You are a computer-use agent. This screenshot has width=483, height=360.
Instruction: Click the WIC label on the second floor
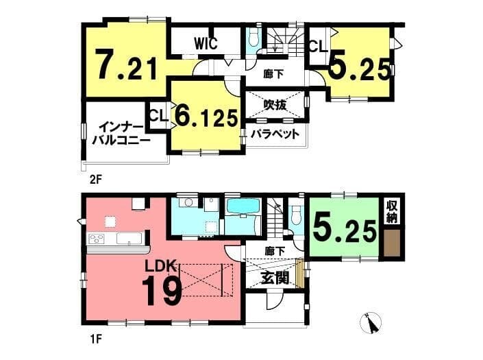click(206, 43)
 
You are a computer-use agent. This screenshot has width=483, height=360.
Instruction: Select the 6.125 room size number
click(207, 117)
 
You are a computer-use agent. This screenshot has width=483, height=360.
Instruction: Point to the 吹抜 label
click(275, 105)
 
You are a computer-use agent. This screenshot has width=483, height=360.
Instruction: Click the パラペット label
click(275, 134)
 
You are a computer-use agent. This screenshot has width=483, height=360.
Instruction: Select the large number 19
click(163, 290)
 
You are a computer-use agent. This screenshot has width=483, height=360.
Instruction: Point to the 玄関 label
click(275, 278)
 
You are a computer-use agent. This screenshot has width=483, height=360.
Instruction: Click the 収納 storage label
click(392, 213)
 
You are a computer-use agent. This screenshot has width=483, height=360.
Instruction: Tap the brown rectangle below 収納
click(392, 243)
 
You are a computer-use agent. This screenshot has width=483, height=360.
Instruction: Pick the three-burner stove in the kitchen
click(97, 239)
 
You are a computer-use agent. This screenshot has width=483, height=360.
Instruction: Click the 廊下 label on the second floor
click(274, 74)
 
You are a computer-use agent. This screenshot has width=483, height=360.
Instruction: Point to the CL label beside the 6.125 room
click(159, 116)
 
